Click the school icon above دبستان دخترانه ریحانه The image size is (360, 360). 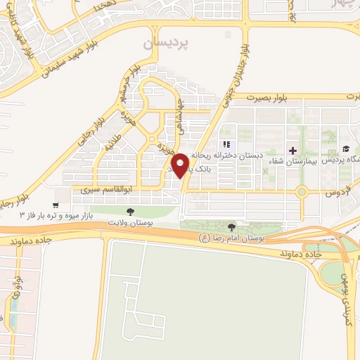[226, 144]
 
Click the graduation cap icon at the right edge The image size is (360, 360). [347, 149]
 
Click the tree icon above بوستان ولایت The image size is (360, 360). [129, 210]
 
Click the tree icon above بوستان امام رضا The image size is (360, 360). [232, 226]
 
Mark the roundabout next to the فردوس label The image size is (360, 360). [302, 191]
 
